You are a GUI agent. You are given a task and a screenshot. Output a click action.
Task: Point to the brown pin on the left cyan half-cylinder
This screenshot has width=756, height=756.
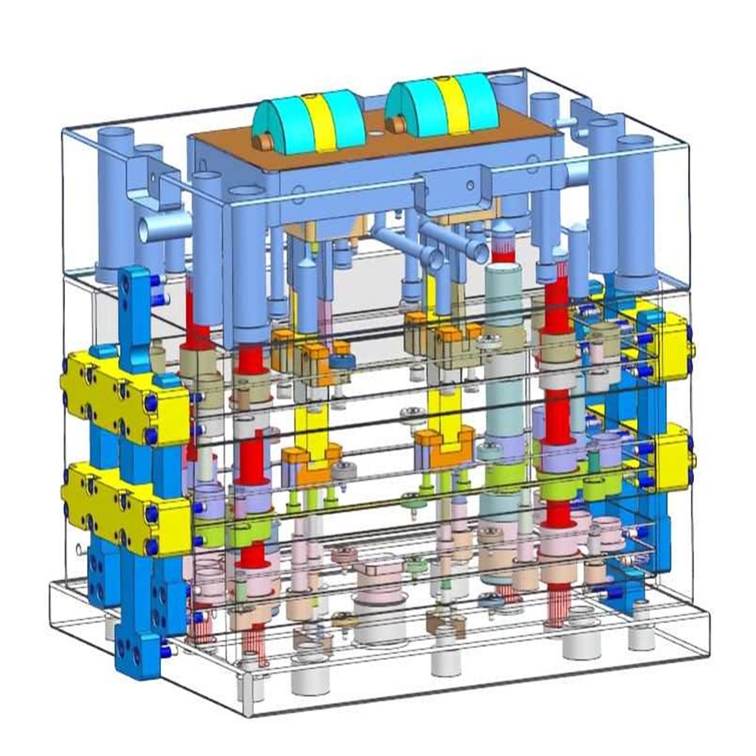(265, 141)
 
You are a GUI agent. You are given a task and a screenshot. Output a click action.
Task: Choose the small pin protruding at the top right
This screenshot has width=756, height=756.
(563, 121)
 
